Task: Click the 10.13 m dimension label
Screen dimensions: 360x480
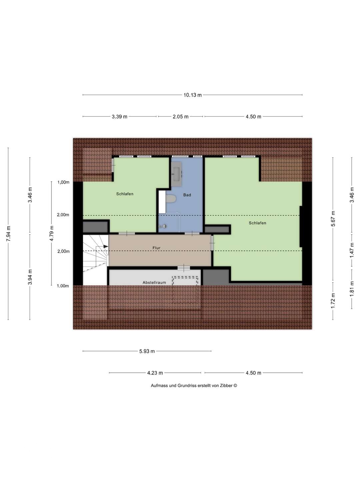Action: (192, 95)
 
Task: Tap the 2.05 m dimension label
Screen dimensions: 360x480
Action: (180, 117)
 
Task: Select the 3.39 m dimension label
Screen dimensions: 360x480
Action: (119, 117)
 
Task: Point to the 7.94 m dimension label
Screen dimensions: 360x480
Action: (8, 234)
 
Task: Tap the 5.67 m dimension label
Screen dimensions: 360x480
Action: (333, 219)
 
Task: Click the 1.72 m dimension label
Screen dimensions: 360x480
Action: (333, 301)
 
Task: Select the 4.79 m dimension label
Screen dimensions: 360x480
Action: (52, 233)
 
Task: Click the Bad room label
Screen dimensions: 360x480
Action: (187, 195)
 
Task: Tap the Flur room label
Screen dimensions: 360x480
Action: (156, 248)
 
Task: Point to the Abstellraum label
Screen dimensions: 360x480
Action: (154, 283)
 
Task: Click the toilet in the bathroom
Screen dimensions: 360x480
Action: (171, 199)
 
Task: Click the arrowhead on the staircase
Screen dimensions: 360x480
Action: (106, 246)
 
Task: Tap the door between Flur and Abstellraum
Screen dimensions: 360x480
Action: (184, 268)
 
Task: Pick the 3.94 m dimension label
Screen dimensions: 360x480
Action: (30, 277)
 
